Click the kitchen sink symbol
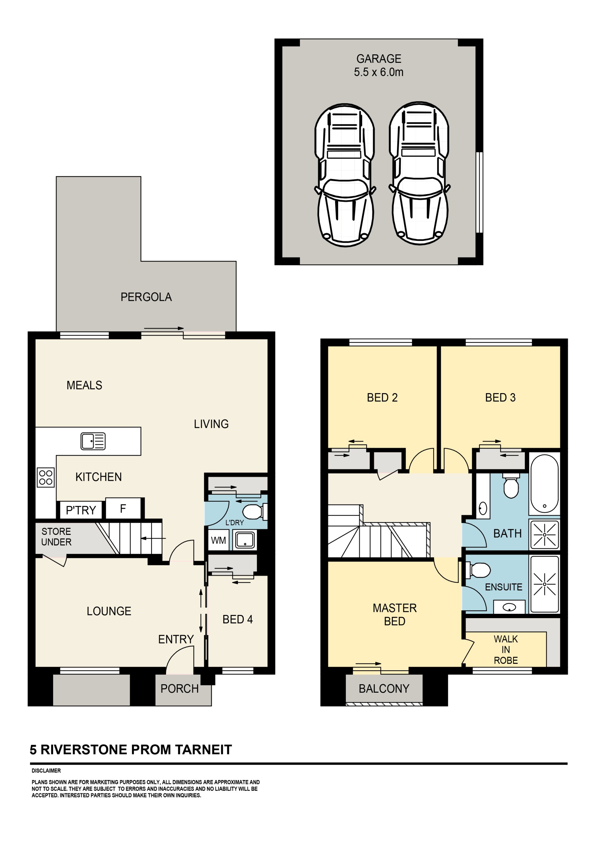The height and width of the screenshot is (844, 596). (x=93, y=441)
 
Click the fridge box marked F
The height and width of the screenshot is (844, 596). (x=123, y=508)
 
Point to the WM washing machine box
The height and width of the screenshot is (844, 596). (x=219, y=540)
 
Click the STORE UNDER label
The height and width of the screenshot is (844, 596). (x=56, y=537)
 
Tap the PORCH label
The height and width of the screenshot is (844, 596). (x=179, y=689)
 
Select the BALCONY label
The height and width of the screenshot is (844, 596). (x=384, y=689)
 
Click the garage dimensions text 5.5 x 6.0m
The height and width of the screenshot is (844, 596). (x=379, y=72)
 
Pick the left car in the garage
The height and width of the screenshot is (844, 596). (x=345, y=175)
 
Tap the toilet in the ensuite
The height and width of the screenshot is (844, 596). (x=478, y=571)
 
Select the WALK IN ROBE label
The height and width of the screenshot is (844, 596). (x=506, y=649)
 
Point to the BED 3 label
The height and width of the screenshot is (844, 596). (x=500, y=397)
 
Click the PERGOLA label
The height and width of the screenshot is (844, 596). (x=146, y=297)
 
